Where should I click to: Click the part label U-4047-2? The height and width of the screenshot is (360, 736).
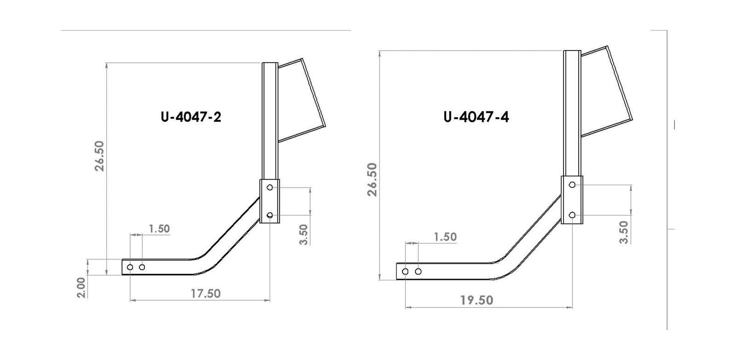click(x=191, y=117)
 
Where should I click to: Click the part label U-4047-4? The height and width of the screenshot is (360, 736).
click(x=476, y=117)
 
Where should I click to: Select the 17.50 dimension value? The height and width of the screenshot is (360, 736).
click(x=206, y=293)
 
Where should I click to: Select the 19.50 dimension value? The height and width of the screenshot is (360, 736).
click(x=477, y=300)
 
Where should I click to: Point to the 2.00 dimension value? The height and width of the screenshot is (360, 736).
click(x=81, y=288)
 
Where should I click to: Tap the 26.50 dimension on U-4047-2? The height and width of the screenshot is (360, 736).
click(x=99, y=156)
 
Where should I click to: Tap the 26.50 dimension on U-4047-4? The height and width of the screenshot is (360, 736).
click(x=372, y=180)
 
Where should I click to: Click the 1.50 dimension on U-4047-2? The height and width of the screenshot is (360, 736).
click(x=159, y=229)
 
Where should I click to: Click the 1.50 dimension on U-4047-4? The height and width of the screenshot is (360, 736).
click(x=445, y=237)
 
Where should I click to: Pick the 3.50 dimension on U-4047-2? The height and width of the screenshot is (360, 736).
click(x=304, y=234)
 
